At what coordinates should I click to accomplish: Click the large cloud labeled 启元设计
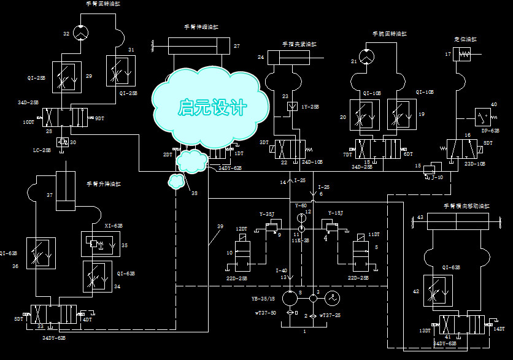click(211, 107)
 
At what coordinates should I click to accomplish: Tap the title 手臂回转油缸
click(104, 4)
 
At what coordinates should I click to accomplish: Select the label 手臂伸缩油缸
click(201, 27)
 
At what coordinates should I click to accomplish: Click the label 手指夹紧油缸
click(299, 44)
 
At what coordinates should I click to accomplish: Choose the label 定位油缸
click(465, 39)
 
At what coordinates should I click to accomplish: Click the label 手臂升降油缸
click(104, 183)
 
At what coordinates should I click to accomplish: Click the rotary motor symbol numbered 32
click(79, 32)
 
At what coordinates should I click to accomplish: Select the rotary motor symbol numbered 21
click(366, 57)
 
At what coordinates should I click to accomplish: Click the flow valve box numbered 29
click(64, 76)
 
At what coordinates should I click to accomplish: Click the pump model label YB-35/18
click(263, 299)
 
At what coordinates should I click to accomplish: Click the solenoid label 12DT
click(241, 229)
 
